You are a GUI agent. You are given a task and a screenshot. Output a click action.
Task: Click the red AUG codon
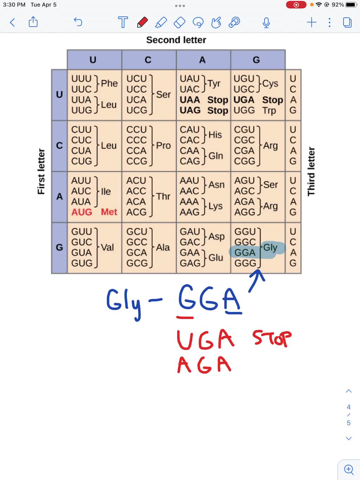[82, 212]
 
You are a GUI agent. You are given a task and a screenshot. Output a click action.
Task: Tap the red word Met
[109, 212]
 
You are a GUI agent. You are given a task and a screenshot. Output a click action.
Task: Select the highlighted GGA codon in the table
[245, 253]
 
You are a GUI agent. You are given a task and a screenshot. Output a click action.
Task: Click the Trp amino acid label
[269, 111]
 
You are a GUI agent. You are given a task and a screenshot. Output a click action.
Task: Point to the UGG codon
[244, 111]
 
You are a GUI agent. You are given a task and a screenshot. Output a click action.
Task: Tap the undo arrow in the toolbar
[78, 22]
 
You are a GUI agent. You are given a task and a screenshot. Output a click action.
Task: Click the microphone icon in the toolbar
[266, 23]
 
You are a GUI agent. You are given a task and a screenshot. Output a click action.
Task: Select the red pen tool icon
[142, 22]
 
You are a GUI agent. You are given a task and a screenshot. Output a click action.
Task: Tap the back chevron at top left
[12, 23]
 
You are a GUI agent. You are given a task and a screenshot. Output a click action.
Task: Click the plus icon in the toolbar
[311, 23]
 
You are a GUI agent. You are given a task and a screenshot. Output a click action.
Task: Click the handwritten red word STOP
[272, 338]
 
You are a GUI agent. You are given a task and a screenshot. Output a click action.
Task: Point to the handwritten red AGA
[204, 364]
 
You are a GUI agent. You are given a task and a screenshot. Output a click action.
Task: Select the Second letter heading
[176, 40]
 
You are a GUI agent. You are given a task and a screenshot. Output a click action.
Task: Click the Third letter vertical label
[311, 171]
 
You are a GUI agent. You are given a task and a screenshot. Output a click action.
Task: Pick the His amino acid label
[215, 135]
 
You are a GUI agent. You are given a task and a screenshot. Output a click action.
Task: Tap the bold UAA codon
[190, 100]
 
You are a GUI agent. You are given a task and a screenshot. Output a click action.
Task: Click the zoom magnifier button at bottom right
[349, 469]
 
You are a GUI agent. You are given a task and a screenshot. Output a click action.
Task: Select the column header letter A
[202, 60]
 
